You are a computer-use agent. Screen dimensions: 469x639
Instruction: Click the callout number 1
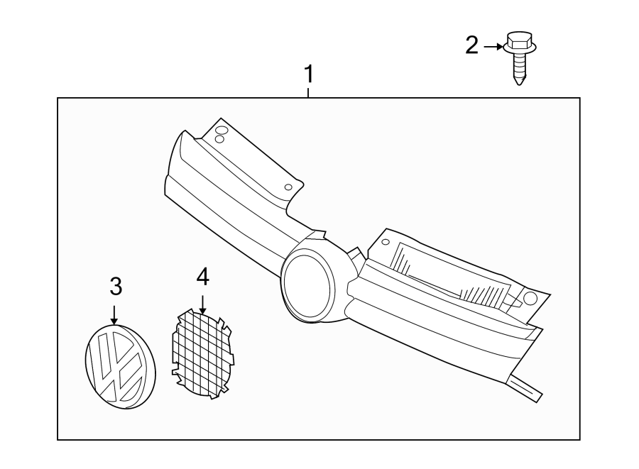tap(308, 74)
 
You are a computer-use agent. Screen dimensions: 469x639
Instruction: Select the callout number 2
tap(472, 46)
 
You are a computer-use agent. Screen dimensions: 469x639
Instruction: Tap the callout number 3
tap(116, 287)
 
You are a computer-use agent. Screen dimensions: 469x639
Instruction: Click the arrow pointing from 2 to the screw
tap(493, 48)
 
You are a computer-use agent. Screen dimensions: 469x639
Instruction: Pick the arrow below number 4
tap(202, 304)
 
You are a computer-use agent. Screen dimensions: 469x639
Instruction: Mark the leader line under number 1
tap(308, 91)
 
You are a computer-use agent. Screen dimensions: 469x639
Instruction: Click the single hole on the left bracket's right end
tap(288, 187)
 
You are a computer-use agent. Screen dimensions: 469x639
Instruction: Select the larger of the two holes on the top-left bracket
tap(222, 130)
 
